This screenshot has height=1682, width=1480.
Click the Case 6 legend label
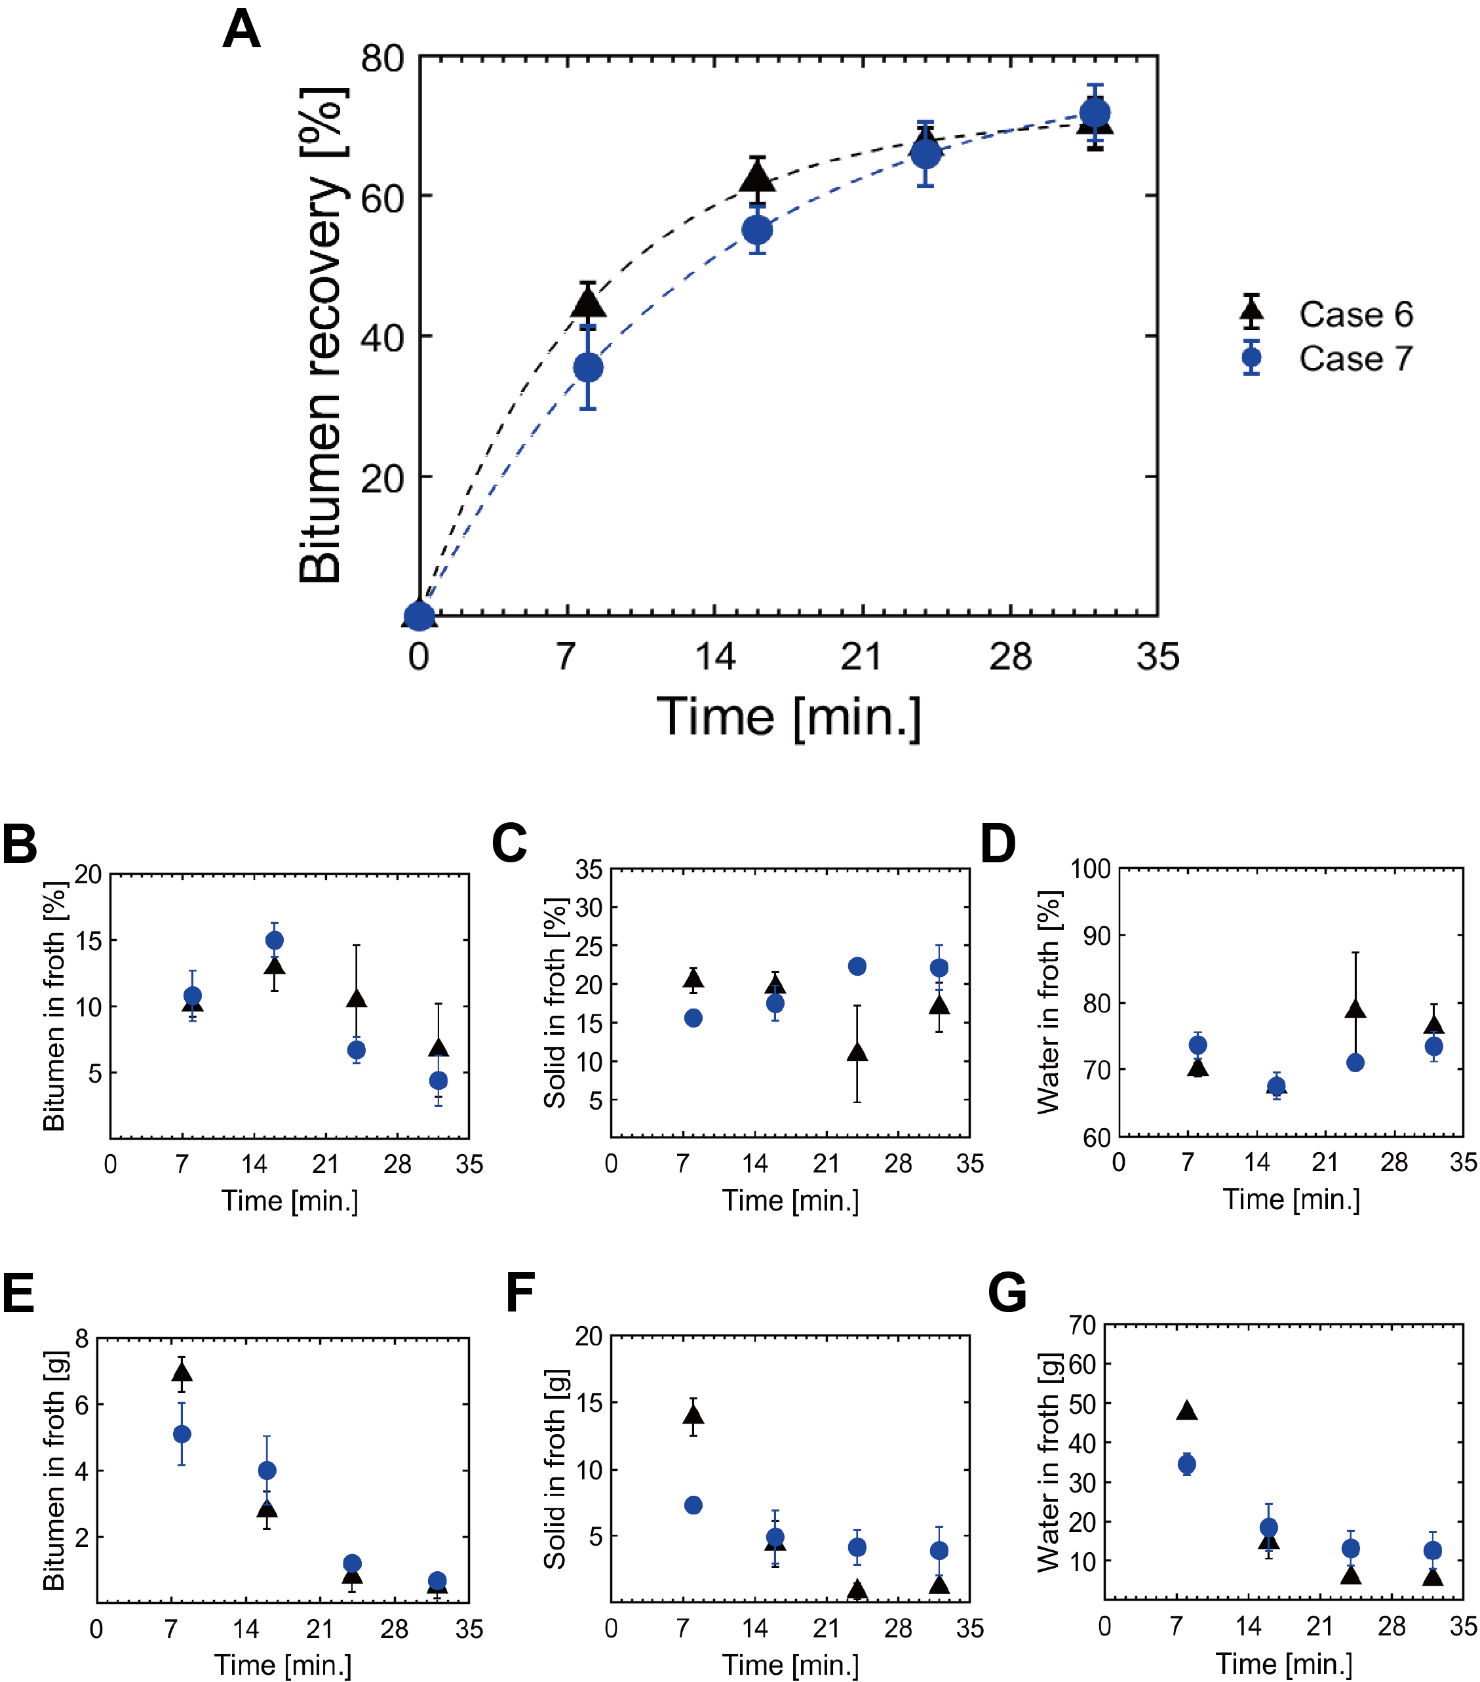[1355, 314]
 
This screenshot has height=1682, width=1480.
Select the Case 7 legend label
[1355, 359]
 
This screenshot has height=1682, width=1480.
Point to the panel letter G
[1007, 1292]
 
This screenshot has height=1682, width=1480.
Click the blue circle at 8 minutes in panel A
[587, 368]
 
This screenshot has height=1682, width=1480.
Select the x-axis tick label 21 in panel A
[861, 656]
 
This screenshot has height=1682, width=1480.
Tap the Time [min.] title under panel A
[788, 717]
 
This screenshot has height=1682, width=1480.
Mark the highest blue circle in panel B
[275, 940]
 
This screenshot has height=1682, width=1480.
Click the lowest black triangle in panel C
[857, 1052]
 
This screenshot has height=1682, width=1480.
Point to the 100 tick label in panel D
[1091, 869]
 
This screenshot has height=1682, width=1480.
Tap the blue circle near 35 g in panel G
[1186, 1464]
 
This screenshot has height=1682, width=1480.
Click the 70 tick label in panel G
[1083, 1326]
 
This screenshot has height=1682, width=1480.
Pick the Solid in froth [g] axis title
[555, 1469]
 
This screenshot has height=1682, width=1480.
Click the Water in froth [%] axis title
[1048, 1002]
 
